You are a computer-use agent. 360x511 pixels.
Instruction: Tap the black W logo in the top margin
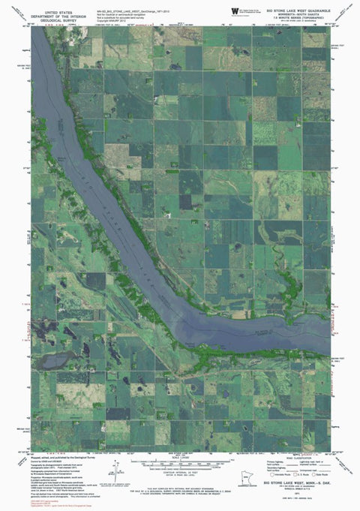click(x=235, y=10)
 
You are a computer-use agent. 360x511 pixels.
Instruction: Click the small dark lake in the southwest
click(x=53, y=362)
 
